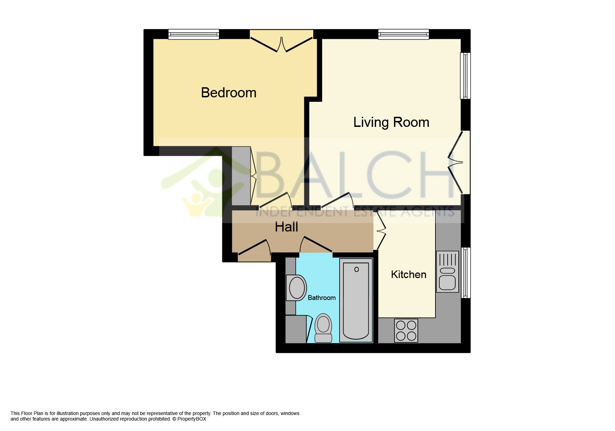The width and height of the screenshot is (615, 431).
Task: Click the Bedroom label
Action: click(x=228, y=92)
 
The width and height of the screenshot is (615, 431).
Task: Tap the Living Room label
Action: click(x=391, y=122)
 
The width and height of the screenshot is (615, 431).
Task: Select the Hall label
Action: click(x=286, y=227)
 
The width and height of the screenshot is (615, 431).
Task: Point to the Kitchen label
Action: click(x=408, y=274)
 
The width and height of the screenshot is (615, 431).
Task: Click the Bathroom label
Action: click(x=322, y=298)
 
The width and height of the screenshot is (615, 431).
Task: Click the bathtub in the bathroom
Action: click(x=356, y=300)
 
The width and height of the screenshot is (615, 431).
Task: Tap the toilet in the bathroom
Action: click(x=323, y=328)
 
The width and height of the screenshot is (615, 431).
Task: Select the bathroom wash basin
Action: click(x=296, y=287)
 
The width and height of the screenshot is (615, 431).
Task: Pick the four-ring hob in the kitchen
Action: click(x=406, y=331)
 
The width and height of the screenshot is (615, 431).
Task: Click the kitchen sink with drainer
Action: click(x=447, y=271)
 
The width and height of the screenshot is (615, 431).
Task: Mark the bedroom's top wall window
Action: click(x=194, y=34)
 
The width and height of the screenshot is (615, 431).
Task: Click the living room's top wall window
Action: click(x=404, y=34)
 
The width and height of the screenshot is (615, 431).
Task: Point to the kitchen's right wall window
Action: click(x=466, y=273)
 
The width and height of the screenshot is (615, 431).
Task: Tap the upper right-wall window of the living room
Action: click(x=466, y=75)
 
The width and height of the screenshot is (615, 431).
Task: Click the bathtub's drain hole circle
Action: click(x=356, y=269)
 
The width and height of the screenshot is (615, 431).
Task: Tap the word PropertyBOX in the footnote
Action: click(x=192, y=419)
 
